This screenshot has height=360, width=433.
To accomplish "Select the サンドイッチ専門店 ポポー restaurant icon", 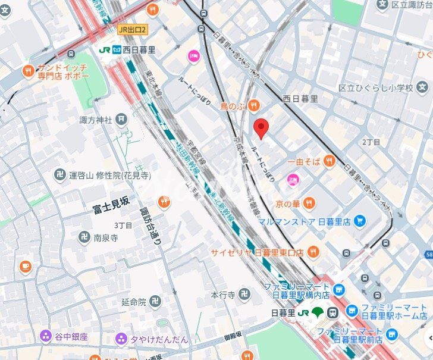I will click(28, 72).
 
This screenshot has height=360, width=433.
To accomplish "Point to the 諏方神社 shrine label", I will click(96, 120).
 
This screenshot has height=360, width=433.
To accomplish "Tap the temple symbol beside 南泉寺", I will click(84, 237).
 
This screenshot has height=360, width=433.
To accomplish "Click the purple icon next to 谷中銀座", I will click(46, 337).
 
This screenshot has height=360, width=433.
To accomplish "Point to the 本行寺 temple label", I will click(223, 294).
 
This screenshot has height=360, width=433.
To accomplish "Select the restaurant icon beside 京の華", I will click(310, 204).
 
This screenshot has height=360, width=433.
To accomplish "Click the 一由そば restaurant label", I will click(303, 161).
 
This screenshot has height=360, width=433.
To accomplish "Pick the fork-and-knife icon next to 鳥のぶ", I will click(253, 106).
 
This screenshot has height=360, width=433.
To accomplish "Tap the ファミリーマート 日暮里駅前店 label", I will click(350, 334).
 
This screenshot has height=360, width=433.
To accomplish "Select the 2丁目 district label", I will click(371, 142).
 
